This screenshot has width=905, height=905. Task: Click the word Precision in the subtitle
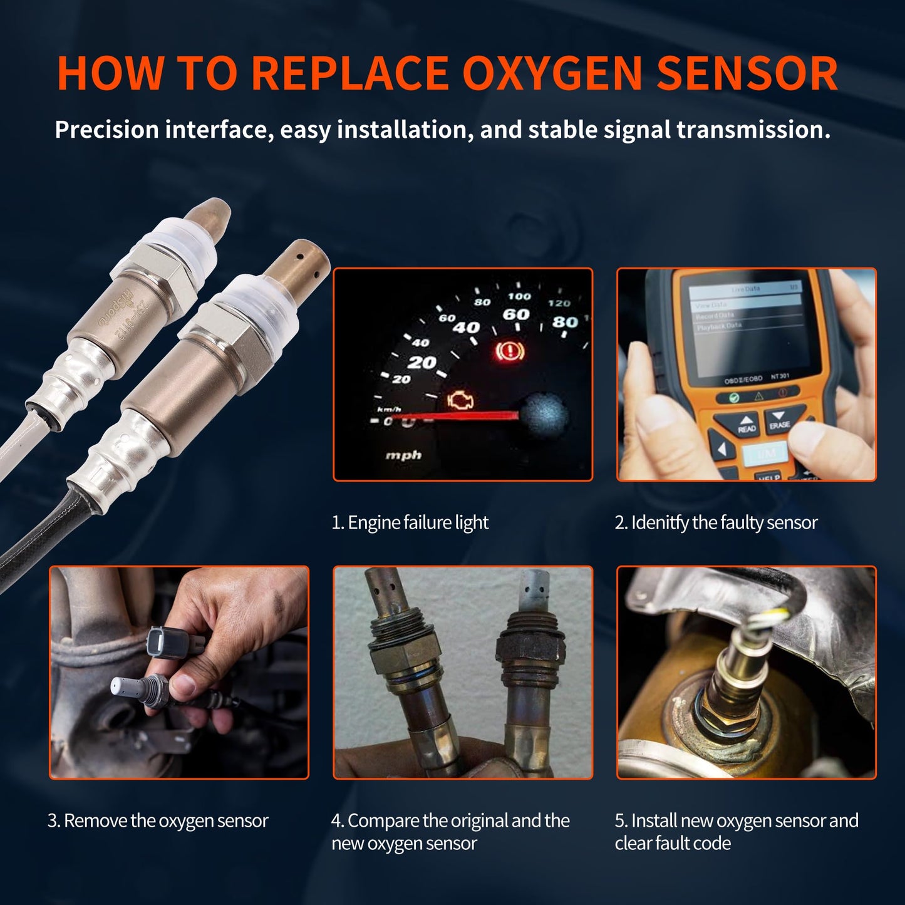pos(107,130)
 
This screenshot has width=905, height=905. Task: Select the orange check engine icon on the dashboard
pos(461,401)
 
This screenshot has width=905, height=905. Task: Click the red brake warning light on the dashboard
pos(509,351)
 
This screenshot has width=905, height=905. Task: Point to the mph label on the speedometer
pos(403,455)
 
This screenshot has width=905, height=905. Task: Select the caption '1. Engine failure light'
pos(410,522)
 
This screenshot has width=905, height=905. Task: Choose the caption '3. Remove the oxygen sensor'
pos(158,820)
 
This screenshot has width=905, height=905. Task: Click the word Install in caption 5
pos(654,820)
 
